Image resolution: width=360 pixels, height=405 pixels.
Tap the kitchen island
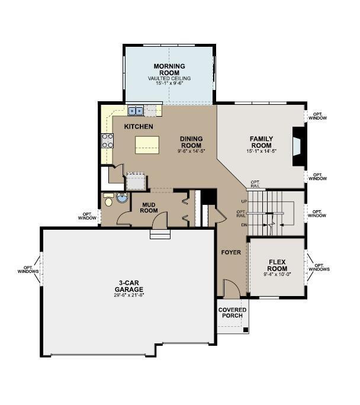(147, 145)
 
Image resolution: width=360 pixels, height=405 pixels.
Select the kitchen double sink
(136, 110)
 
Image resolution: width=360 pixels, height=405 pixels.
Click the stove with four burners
(108, 141)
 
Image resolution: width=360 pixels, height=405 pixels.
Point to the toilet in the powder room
(108, 200)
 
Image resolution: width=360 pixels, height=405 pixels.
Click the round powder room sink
(123, 198)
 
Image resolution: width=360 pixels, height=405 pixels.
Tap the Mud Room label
(148, 207)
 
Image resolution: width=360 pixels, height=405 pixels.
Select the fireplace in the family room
(298, 146)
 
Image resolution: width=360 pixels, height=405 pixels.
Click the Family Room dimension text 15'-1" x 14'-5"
(261, 152)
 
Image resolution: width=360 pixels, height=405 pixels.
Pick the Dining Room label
(191, 143)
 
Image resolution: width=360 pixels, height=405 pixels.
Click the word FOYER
(231, 252)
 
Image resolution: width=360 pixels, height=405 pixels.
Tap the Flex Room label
(278, 265)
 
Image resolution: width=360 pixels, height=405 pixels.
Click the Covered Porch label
(232, 313)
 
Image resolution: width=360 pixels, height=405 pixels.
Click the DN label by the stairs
(243, 225)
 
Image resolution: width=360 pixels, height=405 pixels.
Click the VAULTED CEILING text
(169, 78)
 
